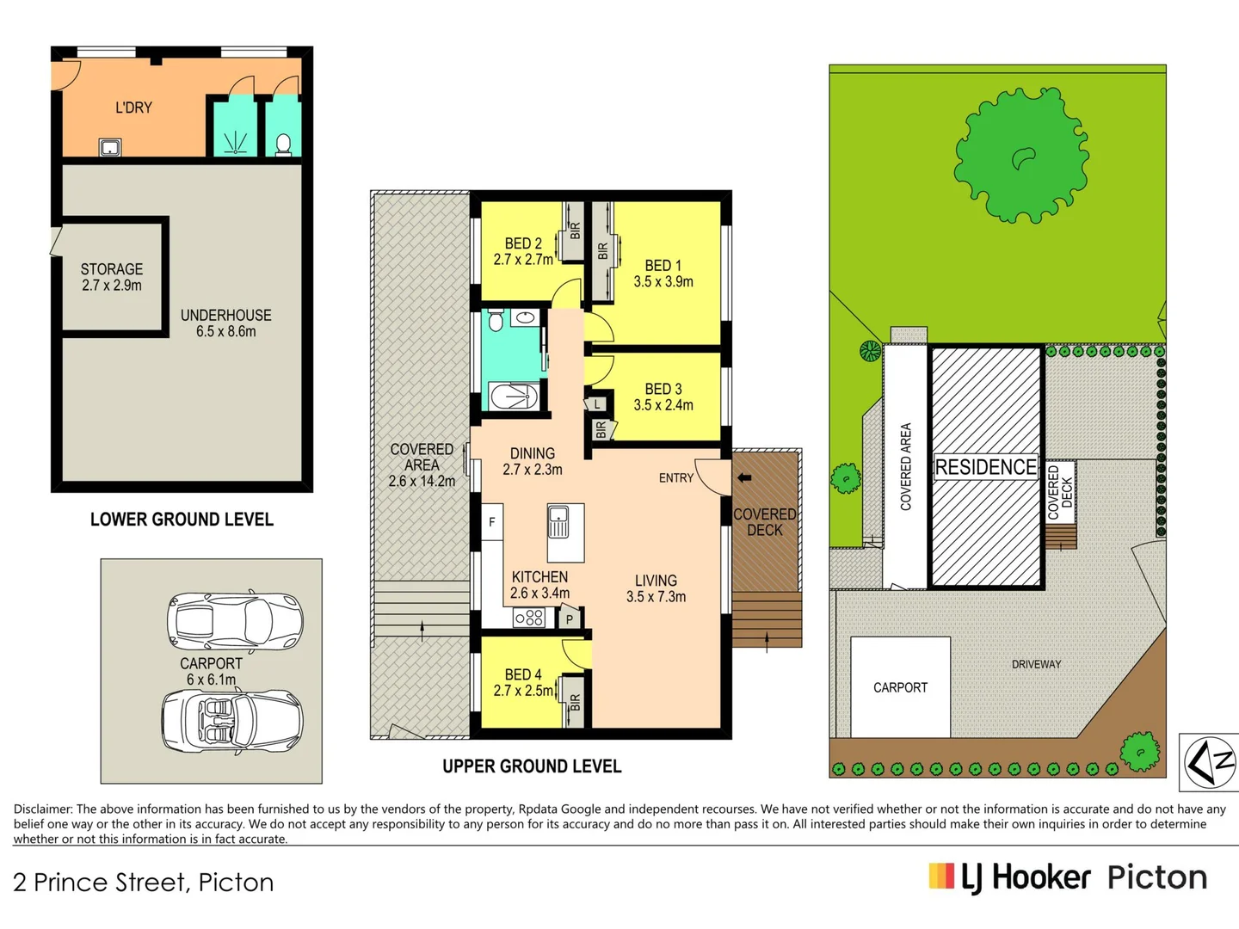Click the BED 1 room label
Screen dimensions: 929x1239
[x=663, y=274]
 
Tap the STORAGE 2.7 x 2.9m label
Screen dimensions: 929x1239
[x=112, y=277]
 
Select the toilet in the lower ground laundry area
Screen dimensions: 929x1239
[x=283, y=144]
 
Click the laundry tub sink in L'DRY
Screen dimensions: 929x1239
[x=110, y=148]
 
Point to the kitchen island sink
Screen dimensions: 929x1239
[x=558, y=521]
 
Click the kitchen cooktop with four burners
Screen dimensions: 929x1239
[x=529, y=618]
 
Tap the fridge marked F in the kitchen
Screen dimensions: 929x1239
[x=492, y=522]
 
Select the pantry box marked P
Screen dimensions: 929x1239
[x=570, y=618]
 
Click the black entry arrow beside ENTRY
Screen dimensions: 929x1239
[x=744, y=477]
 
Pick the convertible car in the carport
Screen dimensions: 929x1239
[x=232, y=720]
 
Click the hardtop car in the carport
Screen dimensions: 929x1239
[x=234, y=619]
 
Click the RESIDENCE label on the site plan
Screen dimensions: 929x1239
[x=986, y=467]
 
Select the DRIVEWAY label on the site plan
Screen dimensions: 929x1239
[x=1036, y=664]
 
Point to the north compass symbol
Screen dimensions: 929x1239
[x=1210, y=762]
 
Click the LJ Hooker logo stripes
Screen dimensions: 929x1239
[x=941, y=876]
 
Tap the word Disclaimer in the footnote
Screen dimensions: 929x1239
[x=43, y=809]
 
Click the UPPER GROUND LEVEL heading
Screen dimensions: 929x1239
[x=532, y=766]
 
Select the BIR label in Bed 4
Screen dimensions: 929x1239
[x=575, y=702]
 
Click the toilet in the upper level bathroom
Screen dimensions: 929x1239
[x=495, y=322]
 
